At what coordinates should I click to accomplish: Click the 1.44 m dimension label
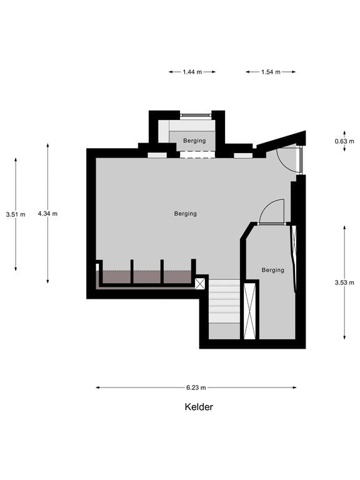click(192, 72)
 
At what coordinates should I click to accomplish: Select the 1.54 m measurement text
click(271, 72)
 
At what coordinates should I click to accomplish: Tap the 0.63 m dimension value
click(341, 141)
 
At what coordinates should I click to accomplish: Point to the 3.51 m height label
click(16, 214)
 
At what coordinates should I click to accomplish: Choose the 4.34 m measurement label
click(47, 214)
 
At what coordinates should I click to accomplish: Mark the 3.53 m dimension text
click(344, 282)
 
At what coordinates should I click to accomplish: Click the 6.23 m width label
click(196, 387)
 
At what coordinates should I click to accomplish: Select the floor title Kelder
click(199, 407)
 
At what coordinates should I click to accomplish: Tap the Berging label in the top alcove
click(195, 141)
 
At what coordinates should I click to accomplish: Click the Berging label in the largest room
click(186, 214)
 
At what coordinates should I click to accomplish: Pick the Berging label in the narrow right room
click(273, 270)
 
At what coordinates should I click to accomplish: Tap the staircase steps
click(224, 301)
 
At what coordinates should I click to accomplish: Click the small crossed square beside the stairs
click(200, 284)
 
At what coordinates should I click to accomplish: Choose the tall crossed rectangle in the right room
click(250, 311)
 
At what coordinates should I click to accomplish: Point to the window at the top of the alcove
click(196, 116)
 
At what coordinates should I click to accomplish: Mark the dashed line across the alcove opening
click(196, 155)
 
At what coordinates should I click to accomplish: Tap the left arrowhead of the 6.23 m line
click(98, 387)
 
